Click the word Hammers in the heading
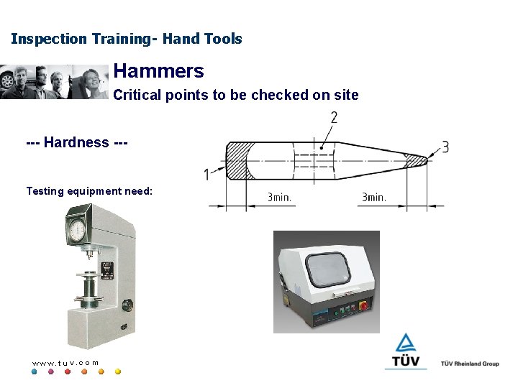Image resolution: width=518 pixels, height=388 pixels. coord(158,71)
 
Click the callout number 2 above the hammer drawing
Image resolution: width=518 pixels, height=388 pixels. coord(334,118)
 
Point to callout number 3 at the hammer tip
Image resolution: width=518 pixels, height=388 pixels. coord(445,147)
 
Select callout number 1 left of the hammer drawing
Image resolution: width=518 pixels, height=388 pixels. coord(206,174)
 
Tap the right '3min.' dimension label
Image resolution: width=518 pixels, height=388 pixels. coord(373,197)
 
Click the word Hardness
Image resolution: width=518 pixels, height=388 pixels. coord(76,142)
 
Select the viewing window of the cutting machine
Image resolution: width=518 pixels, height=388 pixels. coord(329,269)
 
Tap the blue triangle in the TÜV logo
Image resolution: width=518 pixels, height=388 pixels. coord(406,342)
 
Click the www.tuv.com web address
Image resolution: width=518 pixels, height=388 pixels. coord(65,363)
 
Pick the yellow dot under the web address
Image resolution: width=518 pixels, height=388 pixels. coord(118,372)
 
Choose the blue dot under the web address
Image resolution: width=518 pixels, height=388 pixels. coord(34,372)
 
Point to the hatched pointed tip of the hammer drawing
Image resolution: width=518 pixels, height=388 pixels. coord(416,160)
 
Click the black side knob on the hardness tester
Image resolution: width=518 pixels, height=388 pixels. coord(127,305)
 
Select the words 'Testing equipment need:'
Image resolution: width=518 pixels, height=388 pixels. coord(89,191)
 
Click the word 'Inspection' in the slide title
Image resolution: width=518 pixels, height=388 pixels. coord(48,39)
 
